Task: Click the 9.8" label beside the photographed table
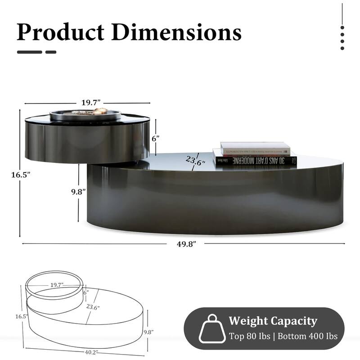78,191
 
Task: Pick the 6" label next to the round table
156,139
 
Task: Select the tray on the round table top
85,114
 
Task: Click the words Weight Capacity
273,321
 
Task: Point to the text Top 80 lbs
252,336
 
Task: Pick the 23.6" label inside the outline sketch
93,307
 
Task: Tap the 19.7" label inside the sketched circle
57,285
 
